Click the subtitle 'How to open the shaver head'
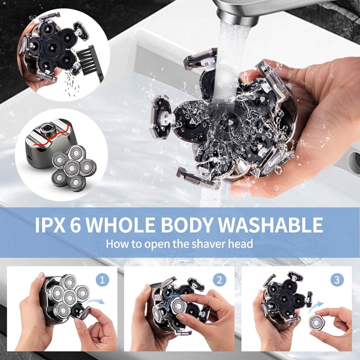[x=180, y=244]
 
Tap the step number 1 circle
[x=103, y=280]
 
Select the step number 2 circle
[x=219, y=280]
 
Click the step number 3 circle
[x=337, y=280]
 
